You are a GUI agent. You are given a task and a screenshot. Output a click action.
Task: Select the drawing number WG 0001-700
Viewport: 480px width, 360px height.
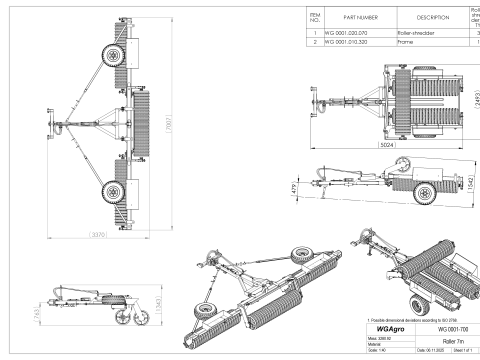pos(446,327)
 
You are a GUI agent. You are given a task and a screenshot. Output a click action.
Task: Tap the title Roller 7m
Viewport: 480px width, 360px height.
pos(446,340)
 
